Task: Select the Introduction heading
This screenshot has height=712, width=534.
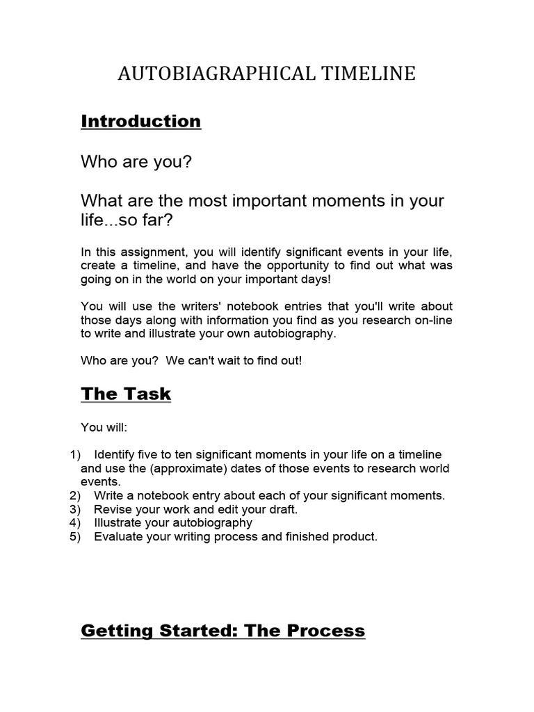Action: pos(141,122)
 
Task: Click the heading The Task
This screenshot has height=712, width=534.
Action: pos(126,394)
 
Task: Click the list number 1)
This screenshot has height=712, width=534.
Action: pos(76,455)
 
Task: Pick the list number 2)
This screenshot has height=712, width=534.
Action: pos(76,496)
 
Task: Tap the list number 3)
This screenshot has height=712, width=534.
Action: pos(76,509)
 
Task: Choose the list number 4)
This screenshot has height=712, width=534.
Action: pos(76,523)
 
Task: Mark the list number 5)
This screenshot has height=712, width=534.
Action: pos(76,536)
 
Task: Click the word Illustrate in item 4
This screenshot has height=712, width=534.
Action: pos(119,523)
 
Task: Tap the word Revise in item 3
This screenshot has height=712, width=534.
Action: pos(112,509)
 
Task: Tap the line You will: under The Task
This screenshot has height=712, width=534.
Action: pos(104,428)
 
